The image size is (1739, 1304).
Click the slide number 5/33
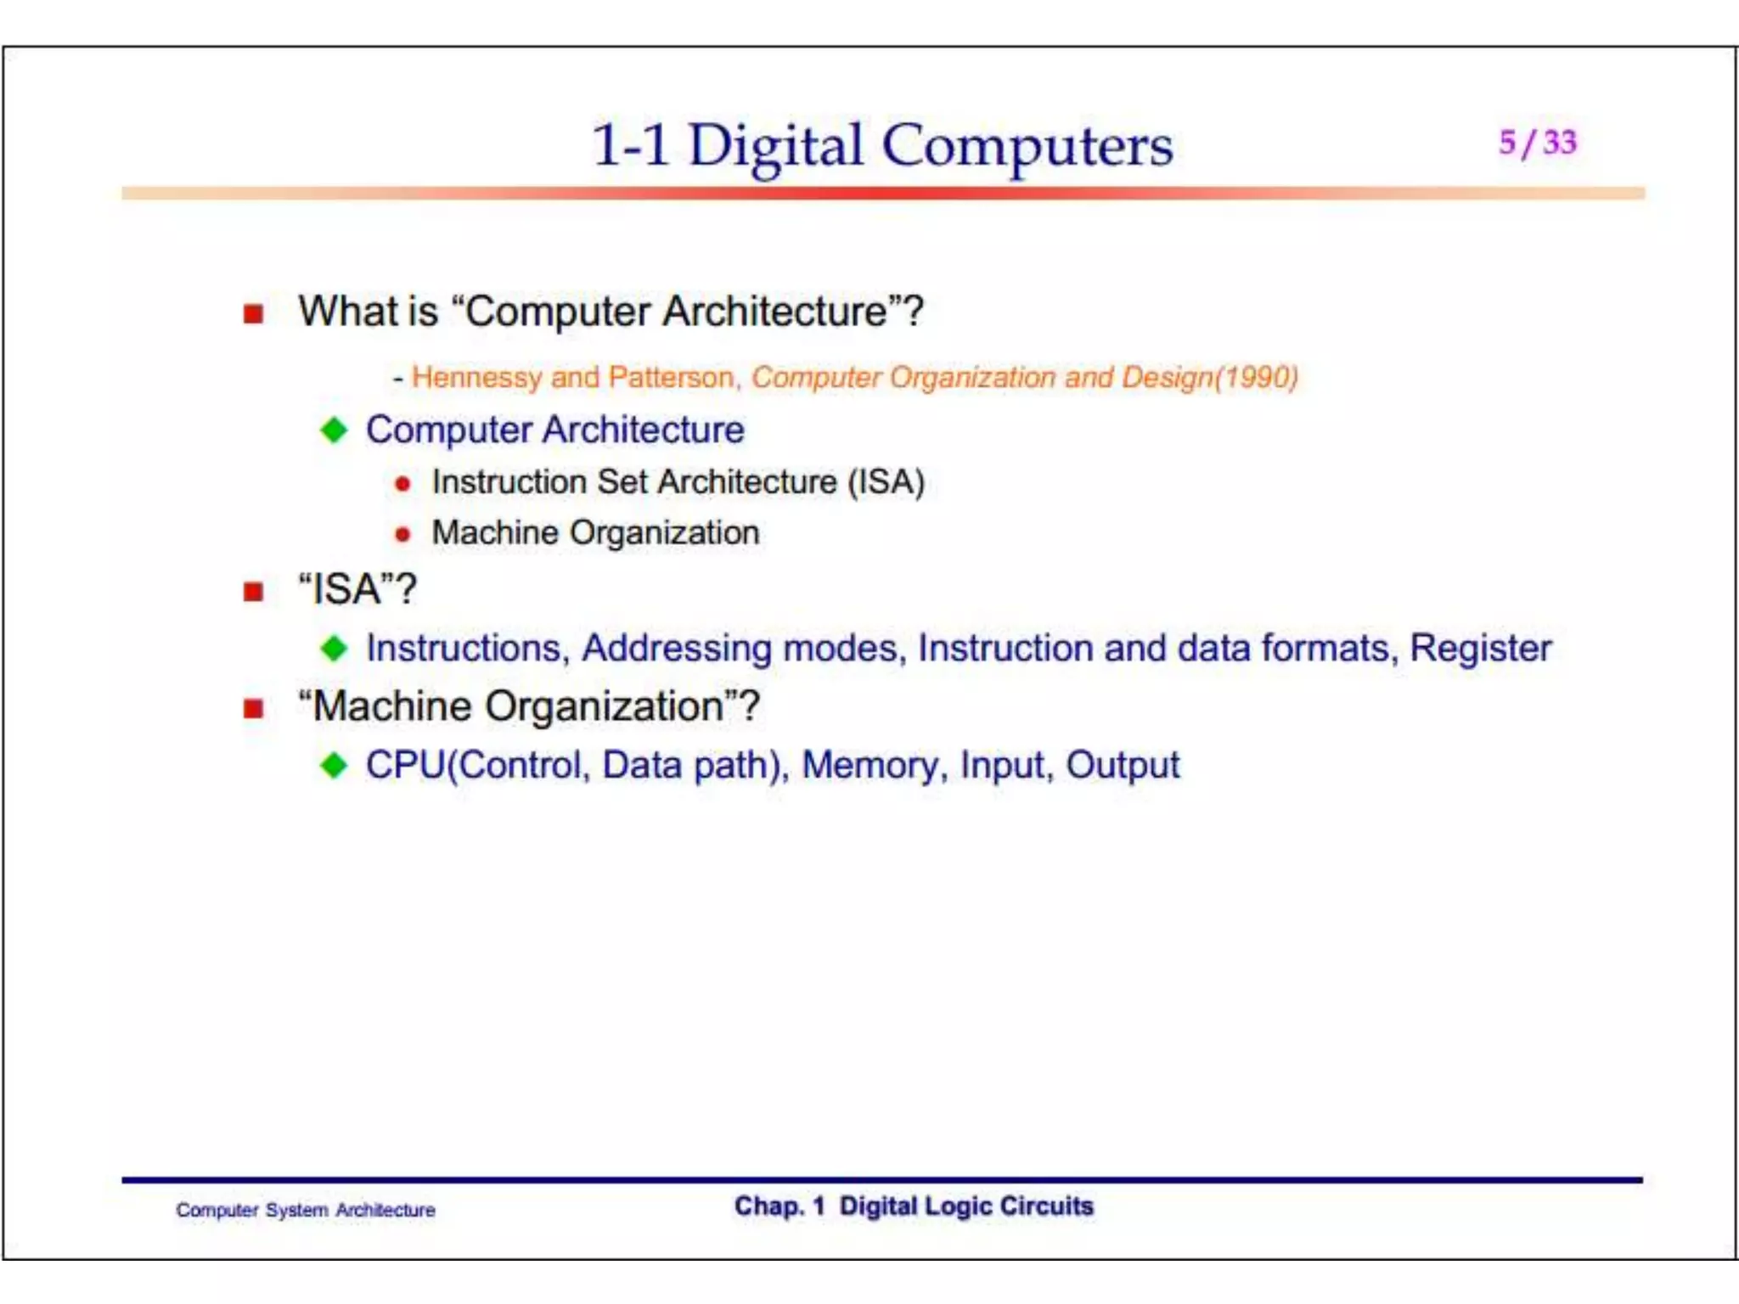(x=1537, y=143)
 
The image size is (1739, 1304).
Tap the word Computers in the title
(x=1027, y=146)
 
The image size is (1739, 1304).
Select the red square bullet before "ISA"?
(x=253, y=591)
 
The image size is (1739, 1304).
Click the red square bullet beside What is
(x=253, y=314)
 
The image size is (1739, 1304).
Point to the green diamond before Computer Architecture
(x=334, y=430)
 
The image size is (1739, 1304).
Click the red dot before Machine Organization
(x=402, y=535)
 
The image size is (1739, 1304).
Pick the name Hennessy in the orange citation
(x=476, y=377)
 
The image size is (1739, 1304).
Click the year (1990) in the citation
(x=1257, y=377)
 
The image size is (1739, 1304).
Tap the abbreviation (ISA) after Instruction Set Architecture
(x=886, y=482)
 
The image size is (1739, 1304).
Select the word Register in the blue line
(x=1480, y=649)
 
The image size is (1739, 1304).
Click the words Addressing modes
(x=740, y=649)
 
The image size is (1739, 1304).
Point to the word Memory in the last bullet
(x=869, y=766)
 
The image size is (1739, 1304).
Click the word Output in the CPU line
(x=1122, y=766)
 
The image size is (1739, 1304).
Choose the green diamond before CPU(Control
(x=334, y=766)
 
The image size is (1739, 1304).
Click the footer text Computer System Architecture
(x=306, y=1210)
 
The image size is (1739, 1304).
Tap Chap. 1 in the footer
(x=779, y=1206)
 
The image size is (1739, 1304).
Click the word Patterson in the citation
(x=671, y=377)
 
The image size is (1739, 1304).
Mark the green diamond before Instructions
(x=334, y=649)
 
